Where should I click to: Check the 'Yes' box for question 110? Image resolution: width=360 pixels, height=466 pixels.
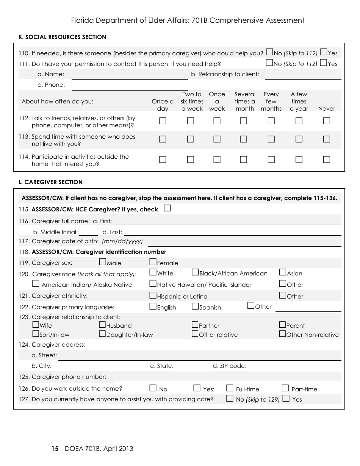324,52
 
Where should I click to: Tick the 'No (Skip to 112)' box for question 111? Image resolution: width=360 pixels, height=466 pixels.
269,63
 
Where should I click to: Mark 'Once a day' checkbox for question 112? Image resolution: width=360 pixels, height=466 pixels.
163,121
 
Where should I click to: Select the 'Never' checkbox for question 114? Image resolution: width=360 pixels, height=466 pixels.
327,160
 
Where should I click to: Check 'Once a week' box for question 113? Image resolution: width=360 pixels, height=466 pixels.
217,139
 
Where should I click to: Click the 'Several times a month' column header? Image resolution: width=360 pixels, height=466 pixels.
245,101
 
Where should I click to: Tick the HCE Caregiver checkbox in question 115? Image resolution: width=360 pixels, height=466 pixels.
167,208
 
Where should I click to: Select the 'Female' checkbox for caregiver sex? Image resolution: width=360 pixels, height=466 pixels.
153,262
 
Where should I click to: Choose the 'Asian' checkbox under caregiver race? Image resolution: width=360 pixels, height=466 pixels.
283,272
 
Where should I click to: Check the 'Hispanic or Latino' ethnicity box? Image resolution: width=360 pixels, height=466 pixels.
153,295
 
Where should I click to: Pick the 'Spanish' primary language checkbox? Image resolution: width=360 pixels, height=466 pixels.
195,306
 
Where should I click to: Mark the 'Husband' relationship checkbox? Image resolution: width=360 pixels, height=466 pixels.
102,325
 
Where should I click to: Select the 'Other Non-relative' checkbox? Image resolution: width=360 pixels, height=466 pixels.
282,334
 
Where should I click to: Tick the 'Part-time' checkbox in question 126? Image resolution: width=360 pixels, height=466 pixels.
285,388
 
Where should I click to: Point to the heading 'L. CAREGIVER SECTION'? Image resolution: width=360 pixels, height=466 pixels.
50,182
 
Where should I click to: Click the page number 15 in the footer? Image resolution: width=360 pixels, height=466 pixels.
55,449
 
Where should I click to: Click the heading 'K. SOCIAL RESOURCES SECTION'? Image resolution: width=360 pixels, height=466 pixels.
62,37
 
